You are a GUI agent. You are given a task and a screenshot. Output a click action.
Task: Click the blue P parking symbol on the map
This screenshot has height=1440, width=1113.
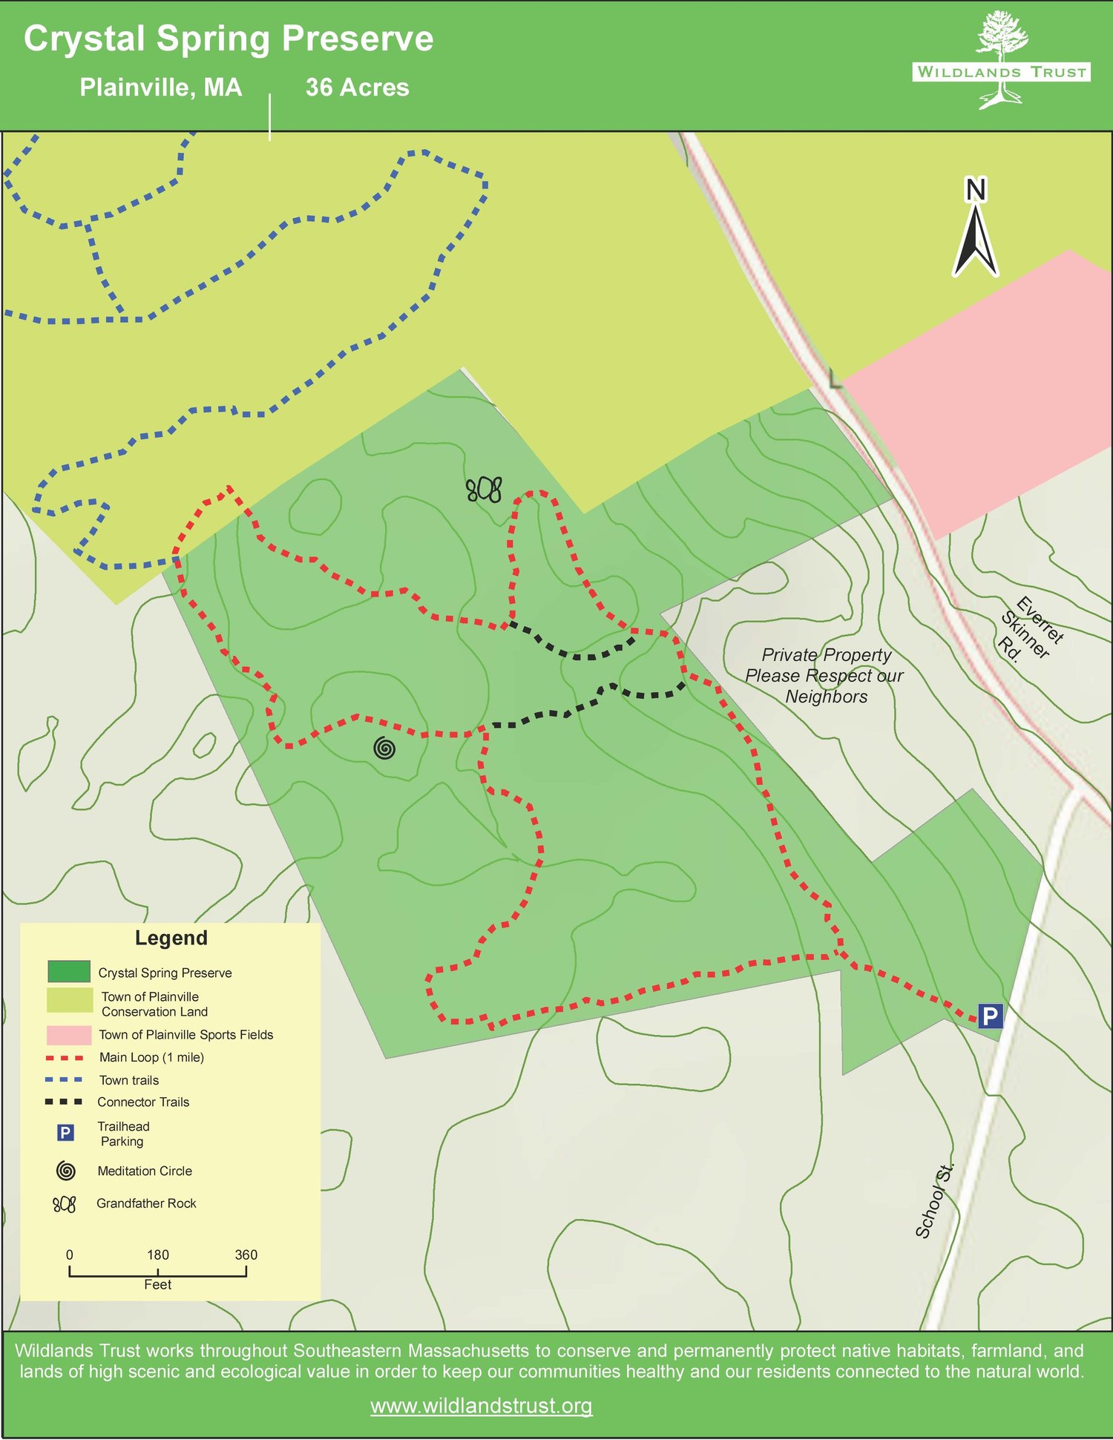click(x=990, y=1016)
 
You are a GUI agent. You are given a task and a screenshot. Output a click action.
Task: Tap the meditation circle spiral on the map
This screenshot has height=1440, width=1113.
click(x=384, y=749)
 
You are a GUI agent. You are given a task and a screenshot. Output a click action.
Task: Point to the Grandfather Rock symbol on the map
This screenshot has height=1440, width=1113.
click(x=484, y=490)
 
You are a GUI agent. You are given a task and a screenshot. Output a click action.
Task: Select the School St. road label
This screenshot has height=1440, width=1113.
click(x=934, y=1201)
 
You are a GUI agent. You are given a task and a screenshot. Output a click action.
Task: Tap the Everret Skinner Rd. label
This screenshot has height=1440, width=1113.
click(x=1031, y=629)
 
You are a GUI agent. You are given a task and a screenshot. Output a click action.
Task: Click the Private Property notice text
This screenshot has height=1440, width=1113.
click(x=824, y=676)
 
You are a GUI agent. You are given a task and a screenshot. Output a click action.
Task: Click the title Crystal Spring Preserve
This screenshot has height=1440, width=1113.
click(x=229, y=39)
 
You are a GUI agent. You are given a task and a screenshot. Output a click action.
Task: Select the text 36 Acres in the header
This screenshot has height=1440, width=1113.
click(x=357, y=88)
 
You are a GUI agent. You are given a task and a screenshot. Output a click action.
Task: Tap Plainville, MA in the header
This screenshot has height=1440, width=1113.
click(x=161, y=88)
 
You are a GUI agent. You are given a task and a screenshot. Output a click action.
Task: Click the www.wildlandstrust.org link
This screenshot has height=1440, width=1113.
click(x=481, y=1406)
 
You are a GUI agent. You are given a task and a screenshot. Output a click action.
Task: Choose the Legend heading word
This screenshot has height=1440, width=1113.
click(x=171, y=938)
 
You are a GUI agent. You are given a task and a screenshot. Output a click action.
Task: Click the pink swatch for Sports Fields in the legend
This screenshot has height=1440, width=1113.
click(x=69, y=1035)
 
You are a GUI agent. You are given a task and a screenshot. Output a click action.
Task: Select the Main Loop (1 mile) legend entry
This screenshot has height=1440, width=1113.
click(x=151, y=1057)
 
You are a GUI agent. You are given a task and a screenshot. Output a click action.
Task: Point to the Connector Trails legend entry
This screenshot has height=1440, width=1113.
click(x=142, y=1102)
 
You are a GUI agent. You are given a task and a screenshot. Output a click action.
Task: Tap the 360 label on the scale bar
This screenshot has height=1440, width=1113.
click(x=246, y=1255)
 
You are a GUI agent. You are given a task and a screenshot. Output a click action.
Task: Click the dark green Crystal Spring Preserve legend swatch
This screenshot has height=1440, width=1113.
click(x=69, y=971)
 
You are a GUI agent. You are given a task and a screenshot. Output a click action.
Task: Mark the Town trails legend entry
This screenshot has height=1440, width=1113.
click(x=128, y=1080)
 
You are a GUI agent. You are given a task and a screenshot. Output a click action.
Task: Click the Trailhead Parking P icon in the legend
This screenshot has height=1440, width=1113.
click(x=65, y=1133)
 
